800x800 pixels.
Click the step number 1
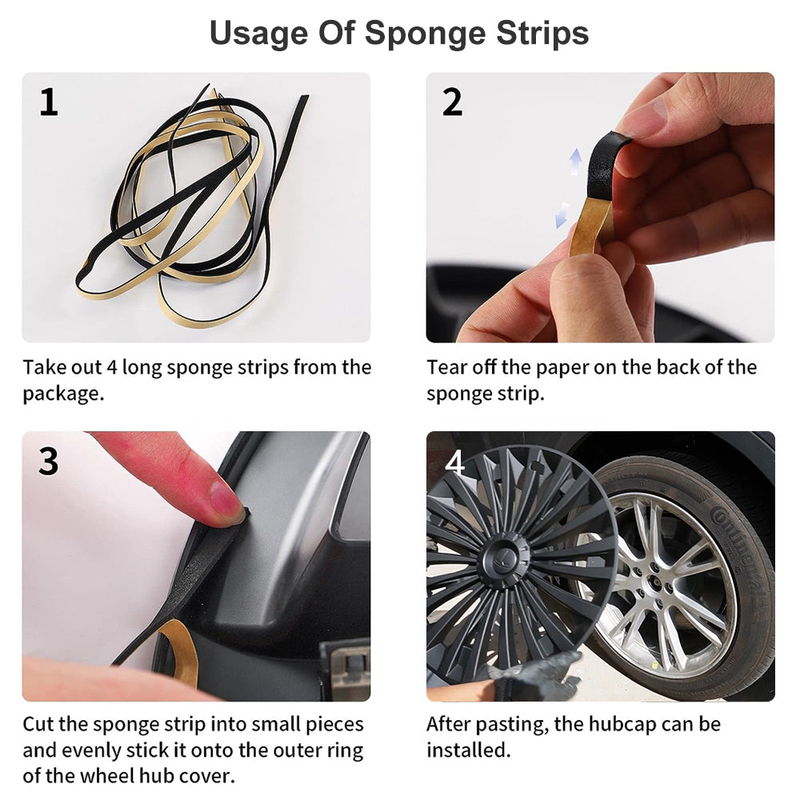(49, 102)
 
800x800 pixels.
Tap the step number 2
(453, 102)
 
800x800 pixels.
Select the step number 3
(49, 462)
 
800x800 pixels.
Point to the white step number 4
(454, 462)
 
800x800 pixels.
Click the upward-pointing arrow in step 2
(575, 162)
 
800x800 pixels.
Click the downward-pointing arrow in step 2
(562, 214)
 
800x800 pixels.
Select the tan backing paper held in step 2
(592, 226)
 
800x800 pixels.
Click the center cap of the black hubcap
(503, 558)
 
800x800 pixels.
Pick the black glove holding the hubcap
(536, 674)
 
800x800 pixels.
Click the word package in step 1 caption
(63, 394)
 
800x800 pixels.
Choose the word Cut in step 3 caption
(38, 724)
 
